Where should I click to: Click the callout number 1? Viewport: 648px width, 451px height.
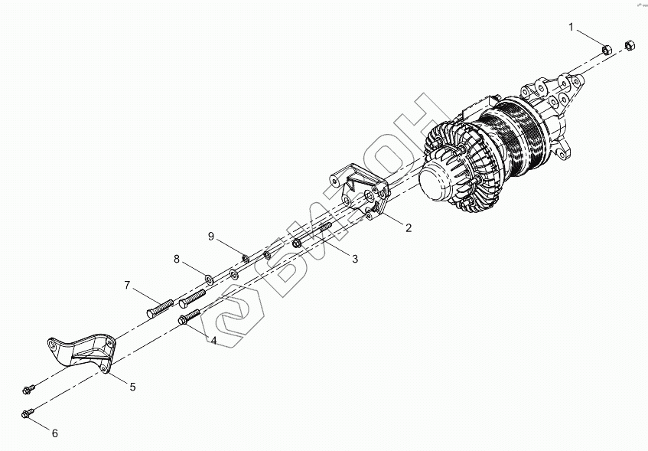click(x=571, y=28)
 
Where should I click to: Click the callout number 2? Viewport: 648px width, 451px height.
click(x=409, y=227)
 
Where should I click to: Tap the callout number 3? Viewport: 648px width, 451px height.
click(x=355, y=260)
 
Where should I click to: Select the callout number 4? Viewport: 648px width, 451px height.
click(x=214, y=340)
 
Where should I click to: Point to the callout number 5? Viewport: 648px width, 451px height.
click(x=132, y=387)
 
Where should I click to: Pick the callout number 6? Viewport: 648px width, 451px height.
click(x=54, y=433)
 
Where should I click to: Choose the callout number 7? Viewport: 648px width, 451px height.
click(x=128, y=286)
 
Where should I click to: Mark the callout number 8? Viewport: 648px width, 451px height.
click(x=177, y=260)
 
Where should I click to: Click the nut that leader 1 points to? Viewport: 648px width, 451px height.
click(x=604, y=49)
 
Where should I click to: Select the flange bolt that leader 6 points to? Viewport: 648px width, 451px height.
click(x=26, y=415)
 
